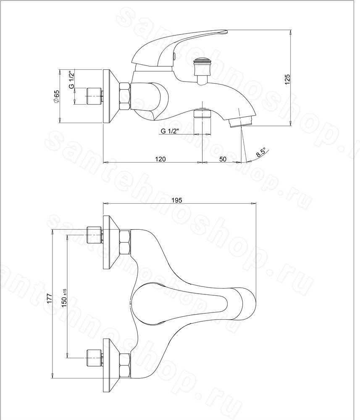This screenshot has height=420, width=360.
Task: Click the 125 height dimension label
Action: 287,79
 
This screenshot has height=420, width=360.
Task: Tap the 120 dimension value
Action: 160,159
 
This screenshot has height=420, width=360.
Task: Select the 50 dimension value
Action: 223,159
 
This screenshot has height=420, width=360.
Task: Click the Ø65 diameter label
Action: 56,96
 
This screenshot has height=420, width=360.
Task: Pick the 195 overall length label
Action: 177,200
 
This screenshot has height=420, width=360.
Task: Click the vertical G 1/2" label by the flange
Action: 71,79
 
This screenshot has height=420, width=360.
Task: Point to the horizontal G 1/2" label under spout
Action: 170,131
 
